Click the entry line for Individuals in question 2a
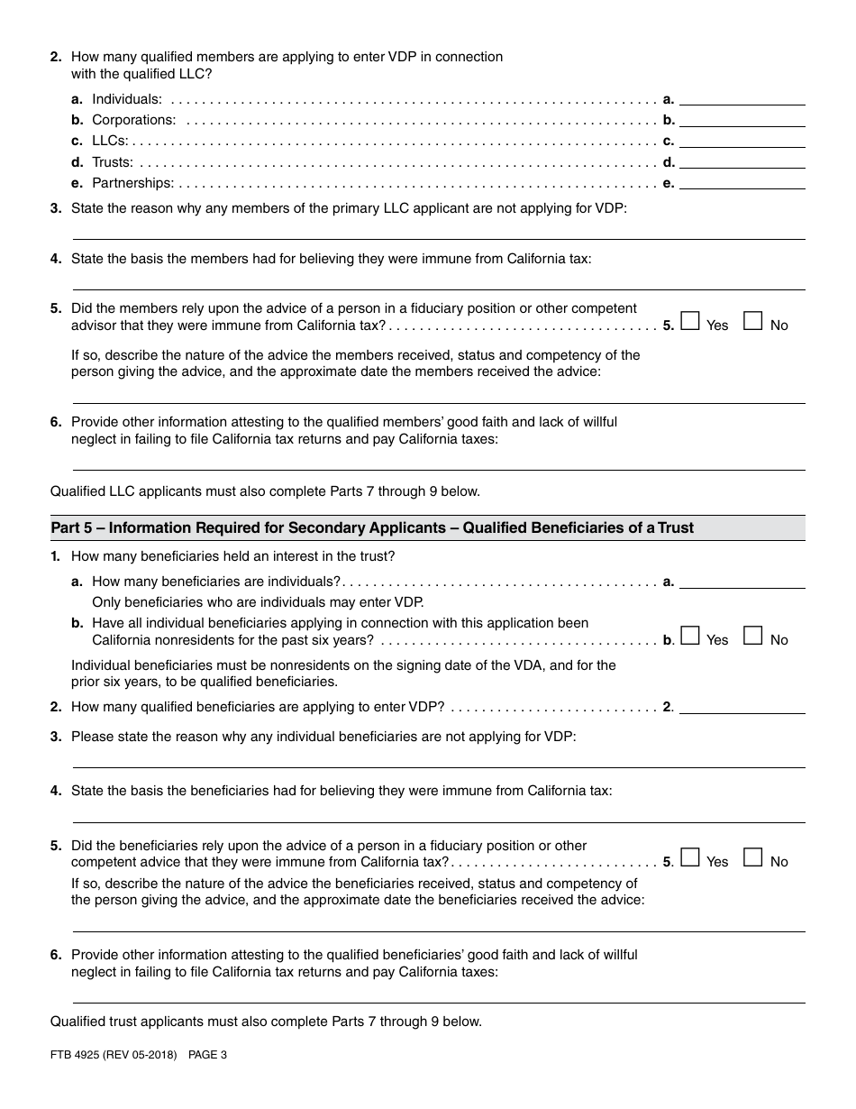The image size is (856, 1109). (742, 99)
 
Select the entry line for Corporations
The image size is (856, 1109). (742, 120)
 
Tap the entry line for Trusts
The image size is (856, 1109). (742, 162)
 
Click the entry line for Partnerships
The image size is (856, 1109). (742, 183)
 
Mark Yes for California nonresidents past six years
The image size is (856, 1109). (690, 637)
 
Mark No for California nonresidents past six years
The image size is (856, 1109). (752, 637)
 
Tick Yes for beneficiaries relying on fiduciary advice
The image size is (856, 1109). (690, 858)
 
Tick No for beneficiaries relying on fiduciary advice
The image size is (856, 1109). (752, 858)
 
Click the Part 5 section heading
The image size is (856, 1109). (372, 527)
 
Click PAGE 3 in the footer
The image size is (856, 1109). (207, 1054)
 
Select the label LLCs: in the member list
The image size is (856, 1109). (110, 141)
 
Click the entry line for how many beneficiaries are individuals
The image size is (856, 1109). (742, 582)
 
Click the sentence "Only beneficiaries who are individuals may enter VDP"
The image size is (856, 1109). (258, 602)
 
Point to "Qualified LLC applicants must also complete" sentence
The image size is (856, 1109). (265, 491)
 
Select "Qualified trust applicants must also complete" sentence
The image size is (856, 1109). (266, 1022)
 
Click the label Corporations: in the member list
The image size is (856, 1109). (133, 120)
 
